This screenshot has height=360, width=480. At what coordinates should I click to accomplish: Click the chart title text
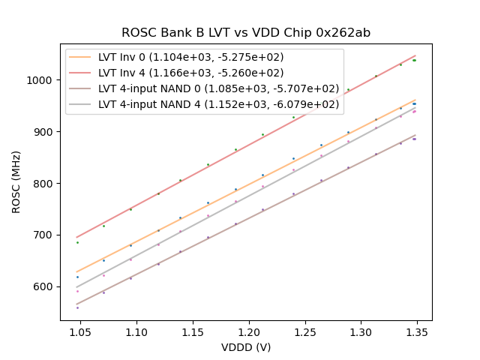tap(246, 33)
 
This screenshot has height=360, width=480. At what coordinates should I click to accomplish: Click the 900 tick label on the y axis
tap(46, 132)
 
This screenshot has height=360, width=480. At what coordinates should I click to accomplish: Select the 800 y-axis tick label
tap(46, 184)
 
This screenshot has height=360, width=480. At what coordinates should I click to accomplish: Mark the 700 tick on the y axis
tap(46, 235)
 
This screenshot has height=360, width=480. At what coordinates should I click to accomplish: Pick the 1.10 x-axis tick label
tap(136, 332)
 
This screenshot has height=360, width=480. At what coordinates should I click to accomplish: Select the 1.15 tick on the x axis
tap(193, 332)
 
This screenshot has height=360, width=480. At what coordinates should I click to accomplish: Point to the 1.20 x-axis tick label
tap(249, 332)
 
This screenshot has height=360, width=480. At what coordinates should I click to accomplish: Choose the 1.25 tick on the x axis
tap(305, 332)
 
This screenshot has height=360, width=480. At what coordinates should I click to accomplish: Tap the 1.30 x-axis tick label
tap(361, 332)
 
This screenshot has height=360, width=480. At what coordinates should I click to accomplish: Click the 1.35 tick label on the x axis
tap(418, 332)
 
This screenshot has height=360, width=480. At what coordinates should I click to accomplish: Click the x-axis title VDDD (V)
tap(246, 347)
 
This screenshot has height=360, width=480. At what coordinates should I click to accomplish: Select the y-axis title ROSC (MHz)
tap(16, 181)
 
